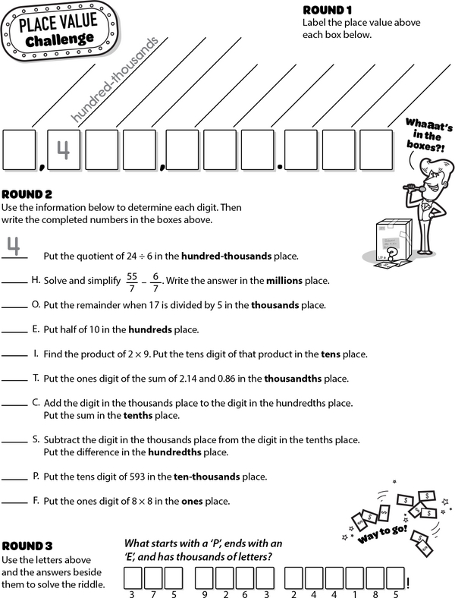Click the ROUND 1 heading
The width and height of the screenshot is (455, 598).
327,11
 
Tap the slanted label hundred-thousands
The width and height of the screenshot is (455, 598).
117,79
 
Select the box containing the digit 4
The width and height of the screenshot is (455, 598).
64,150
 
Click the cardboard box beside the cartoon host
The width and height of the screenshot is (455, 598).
392,243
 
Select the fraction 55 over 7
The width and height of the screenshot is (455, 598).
133,280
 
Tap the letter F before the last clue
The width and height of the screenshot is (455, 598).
36,501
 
